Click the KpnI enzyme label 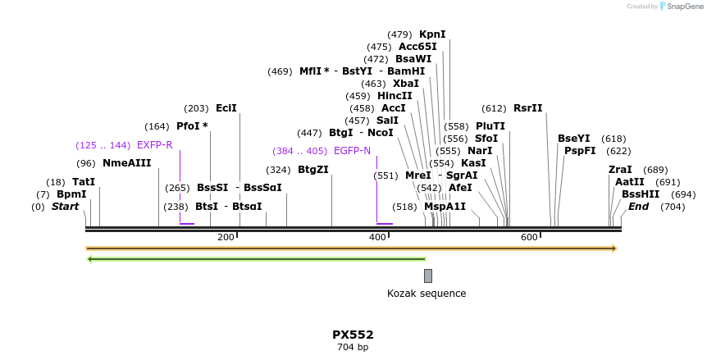pyautogui.click(x=432, y=34)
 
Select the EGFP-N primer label pyautogui.click(x=352, y=151)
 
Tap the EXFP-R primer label pyautogui.click(x=154, y=145)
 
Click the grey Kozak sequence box pyautogui.click(x=427, y=276)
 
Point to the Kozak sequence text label pyautogui.click(x=426, y=294)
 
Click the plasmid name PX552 pyautogui.click(x=353, y=335)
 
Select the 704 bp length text pyautogui.click(x=353, y=348)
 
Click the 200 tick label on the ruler pyautogui.click(x=226, y=238)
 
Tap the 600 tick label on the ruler pyautogui.click(x=529, y=238)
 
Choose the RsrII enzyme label pyautogui.click(x=527, y=108)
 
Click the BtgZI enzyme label pyautogui.click(x=312, y=170)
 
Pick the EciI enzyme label pyautogui.click(x=226, y=108)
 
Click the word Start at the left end pyautogui.click(x=66, y=207)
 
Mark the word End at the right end pyautogui.click(x=638, y=207)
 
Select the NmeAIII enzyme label pyautogui.click(x=126, y=163)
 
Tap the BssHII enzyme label pyautogui.click(x=641, y=194)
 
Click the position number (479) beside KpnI pyautogui.click(x=399, y=34)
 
